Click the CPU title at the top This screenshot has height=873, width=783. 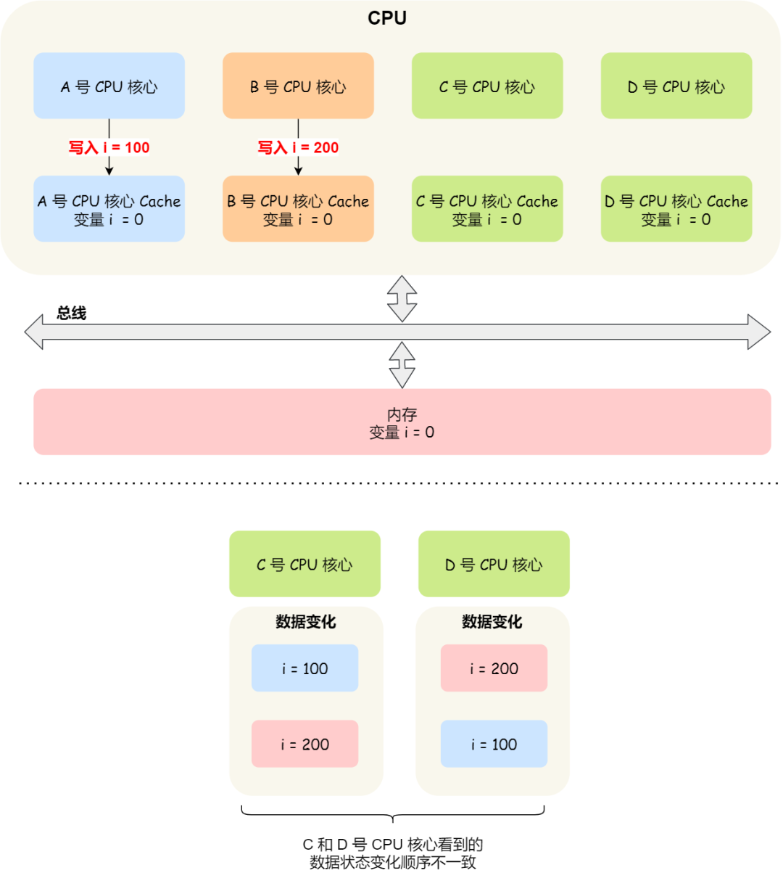tap(387, 18)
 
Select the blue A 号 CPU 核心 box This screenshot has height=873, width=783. tap(109, 86)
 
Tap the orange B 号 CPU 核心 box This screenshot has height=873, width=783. tap(298, 86)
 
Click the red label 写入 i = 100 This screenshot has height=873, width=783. tap(109, 147)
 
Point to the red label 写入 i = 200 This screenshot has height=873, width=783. tap(298, 147)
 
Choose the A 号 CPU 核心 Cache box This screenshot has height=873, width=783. tap(109, 209)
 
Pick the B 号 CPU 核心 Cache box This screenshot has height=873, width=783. tap(298, 209)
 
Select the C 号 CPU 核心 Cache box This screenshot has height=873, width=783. tap(487, 209)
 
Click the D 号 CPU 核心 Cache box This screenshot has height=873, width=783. tap(676, 209)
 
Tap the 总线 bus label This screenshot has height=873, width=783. tap(72, 313)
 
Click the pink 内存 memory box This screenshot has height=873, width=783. tap(402, 422)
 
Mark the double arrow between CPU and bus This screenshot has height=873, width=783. tap(402, 298)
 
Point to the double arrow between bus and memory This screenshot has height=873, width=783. tap(402, 364)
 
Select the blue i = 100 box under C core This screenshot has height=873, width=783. tap(304, 668)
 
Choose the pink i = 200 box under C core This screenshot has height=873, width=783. tap(304, 744)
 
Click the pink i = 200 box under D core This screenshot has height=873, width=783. tap(494, 668)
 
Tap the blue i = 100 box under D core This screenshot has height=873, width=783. tap(494, 744)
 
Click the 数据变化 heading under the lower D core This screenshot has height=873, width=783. tap(492, 622)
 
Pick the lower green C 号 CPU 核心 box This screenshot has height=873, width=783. tap(304, 564)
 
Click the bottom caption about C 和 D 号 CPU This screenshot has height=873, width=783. tap(393, 853)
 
